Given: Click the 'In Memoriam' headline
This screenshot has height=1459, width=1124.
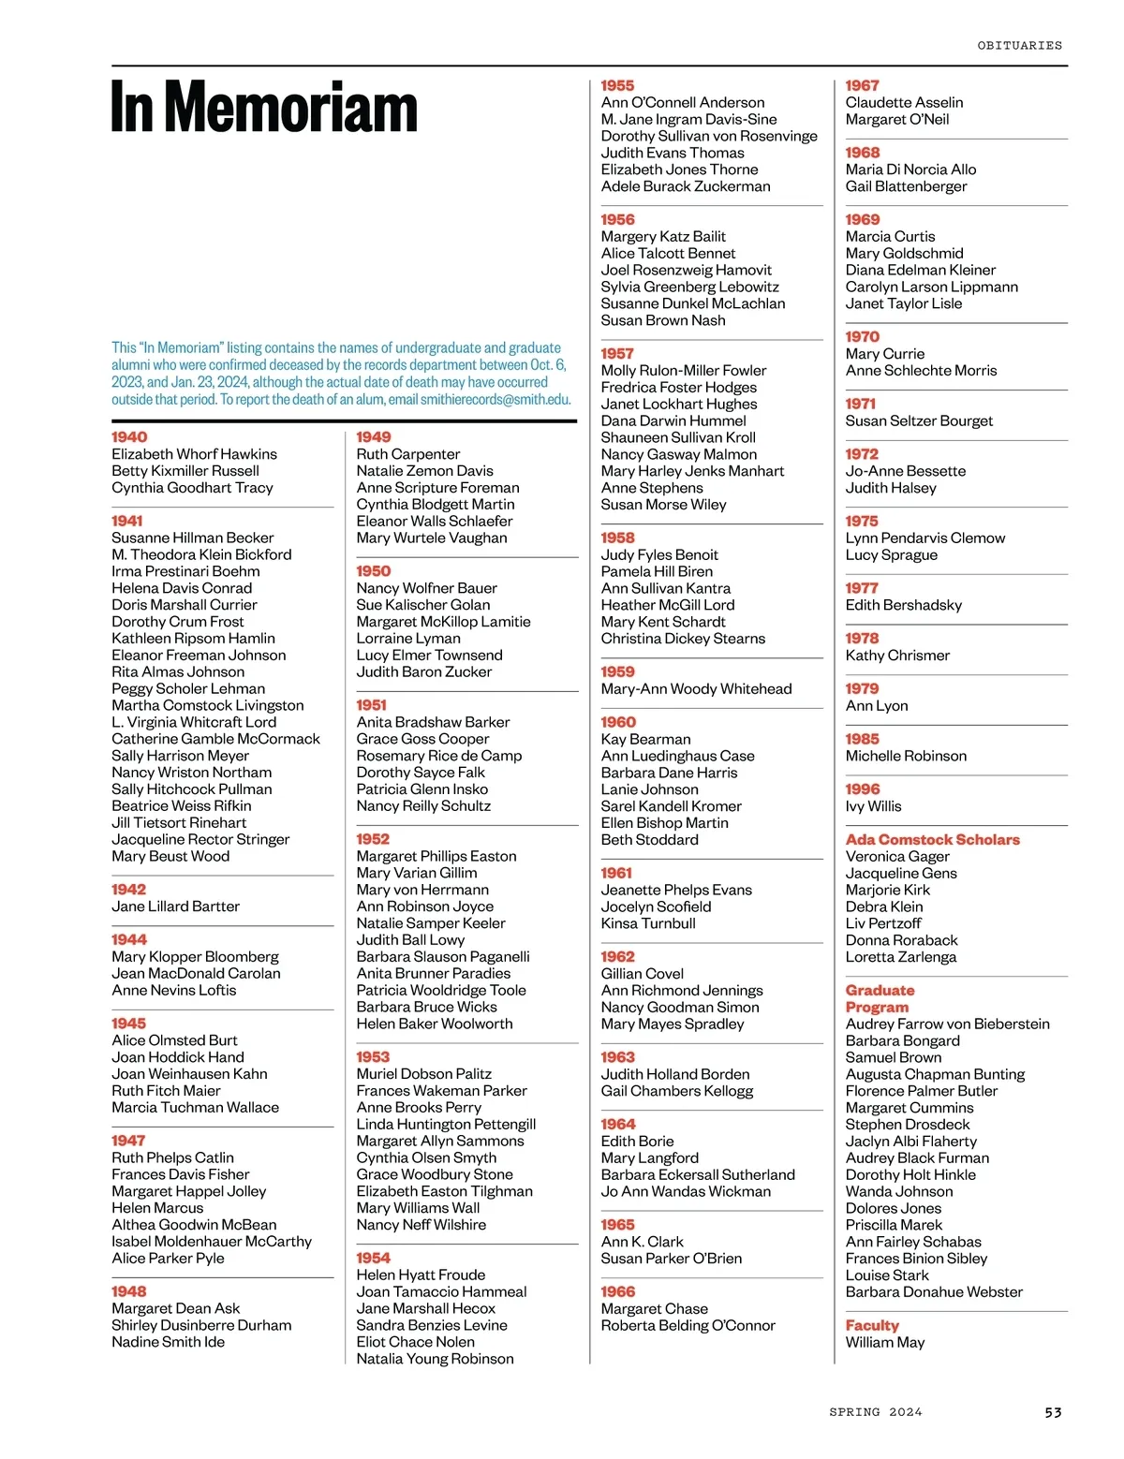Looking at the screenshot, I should pyautogui.click(x=264, y=109).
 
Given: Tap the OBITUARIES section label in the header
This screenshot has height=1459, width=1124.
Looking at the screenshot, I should pyautogui.click(x=1019, y=45).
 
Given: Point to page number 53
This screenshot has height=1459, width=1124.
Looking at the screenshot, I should pyautogui.click(x=1053, y=1412).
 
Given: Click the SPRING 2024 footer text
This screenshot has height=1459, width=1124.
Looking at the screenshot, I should pyautogui.click(x=875, y=1412).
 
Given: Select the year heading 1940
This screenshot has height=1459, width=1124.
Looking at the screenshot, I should pyautogui.click(x=129, y=437).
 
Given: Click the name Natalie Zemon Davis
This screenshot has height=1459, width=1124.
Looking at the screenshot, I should pyautogui.click(x=424, y=471).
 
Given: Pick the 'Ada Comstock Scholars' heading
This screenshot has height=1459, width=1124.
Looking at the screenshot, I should pyautogui.click(x=932, y=840).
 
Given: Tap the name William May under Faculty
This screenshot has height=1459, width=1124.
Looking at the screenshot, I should pyautogui.click(x=884, y=1343).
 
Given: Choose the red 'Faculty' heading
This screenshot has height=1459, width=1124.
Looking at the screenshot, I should pyautogui.click(x=871, y=1326).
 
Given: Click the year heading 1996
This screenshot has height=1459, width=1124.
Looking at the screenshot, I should pyautogui.click(x=863, y=789).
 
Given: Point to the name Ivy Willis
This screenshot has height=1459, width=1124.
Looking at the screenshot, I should pyautogui.click(x=873, y=806).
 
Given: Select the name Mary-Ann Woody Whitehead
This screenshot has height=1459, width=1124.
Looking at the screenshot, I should pyautogui.click(x=696, y=689).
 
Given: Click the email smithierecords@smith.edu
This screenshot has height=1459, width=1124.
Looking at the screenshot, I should pyautogui.click(x=495, y=400).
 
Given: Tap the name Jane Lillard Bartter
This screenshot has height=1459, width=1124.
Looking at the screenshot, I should pyautogui.click(x=175, y=906).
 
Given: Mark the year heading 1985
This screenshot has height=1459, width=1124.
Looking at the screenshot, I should pyautogui.click(x=863, y=739).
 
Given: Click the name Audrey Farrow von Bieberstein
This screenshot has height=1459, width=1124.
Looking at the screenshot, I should pyautogui.click(x=947, y=1024).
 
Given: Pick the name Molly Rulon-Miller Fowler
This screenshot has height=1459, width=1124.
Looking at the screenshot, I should pyautogui.click(x=683, y=371).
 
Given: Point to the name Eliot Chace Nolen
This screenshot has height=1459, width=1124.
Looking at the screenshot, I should pyautogui.click(x=415, y=1342).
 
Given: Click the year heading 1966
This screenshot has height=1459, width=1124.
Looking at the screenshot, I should pyautogui.click(x=617, y=1292).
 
